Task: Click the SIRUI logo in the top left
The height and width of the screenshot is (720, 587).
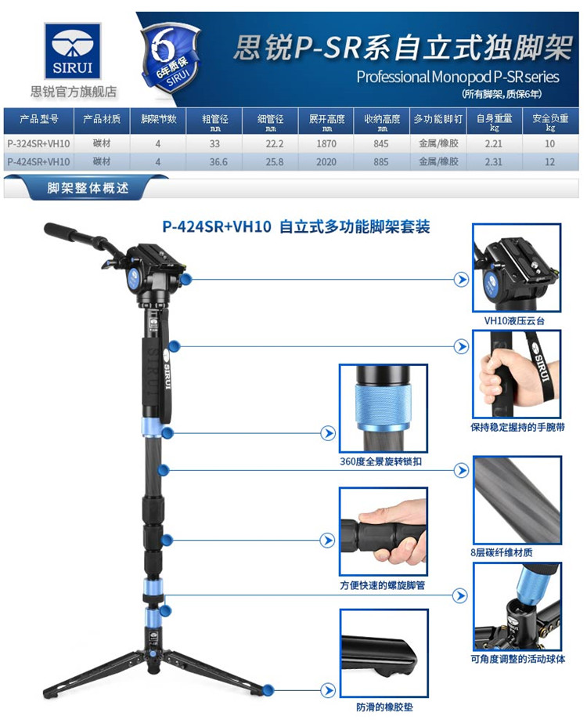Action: point(73,51)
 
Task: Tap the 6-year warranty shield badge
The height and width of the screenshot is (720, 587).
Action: point(171,58)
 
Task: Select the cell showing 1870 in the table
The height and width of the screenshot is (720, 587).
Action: point(326,143)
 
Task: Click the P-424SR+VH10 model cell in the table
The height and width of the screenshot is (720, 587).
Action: point(38,162)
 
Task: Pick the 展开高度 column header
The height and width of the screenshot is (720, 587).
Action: point(326,119)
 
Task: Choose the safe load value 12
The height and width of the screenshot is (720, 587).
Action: point(550,162)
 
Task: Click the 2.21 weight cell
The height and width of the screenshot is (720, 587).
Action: point(493,143)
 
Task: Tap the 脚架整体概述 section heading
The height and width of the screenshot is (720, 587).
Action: point(88,188)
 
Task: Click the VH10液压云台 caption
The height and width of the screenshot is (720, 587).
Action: point(514,321)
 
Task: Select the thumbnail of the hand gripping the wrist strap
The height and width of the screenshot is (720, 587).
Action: point(517,374)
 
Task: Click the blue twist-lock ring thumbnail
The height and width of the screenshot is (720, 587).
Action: point(384,408)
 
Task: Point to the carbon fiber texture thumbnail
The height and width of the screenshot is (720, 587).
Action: point(517,500)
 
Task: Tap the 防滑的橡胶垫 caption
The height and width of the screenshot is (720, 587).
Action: point(384,707)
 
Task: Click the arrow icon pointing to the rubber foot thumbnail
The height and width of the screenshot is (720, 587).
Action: point(327,690)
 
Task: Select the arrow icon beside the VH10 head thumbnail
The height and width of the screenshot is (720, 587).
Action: point(461,279)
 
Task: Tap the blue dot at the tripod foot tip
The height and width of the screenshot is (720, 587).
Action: point(268,689)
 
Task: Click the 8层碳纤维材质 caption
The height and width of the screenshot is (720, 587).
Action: point(502,552)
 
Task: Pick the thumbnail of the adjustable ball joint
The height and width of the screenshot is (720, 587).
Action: point(517,606)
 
